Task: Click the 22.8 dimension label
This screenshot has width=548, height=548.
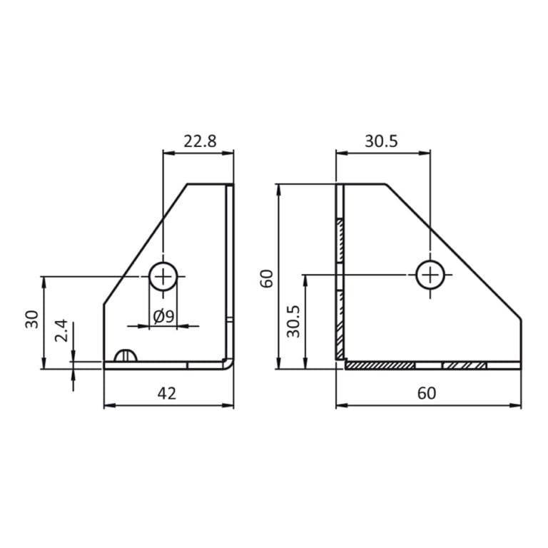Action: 200,141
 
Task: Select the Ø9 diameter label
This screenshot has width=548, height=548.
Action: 163,317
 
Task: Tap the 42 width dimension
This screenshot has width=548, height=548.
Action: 167,393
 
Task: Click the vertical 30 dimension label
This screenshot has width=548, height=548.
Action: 32,320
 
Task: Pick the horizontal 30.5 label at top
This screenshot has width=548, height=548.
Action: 381,141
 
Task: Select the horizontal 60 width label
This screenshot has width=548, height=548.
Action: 427,393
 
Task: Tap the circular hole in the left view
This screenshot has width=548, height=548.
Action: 163,275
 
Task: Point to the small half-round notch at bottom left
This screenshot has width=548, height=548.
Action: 125,356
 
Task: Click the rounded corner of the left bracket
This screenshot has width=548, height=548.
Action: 228,363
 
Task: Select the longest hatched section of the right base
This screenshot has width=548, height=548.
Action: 380,365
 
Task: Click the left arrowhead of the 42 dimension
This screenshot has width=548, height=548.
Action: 108,405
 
